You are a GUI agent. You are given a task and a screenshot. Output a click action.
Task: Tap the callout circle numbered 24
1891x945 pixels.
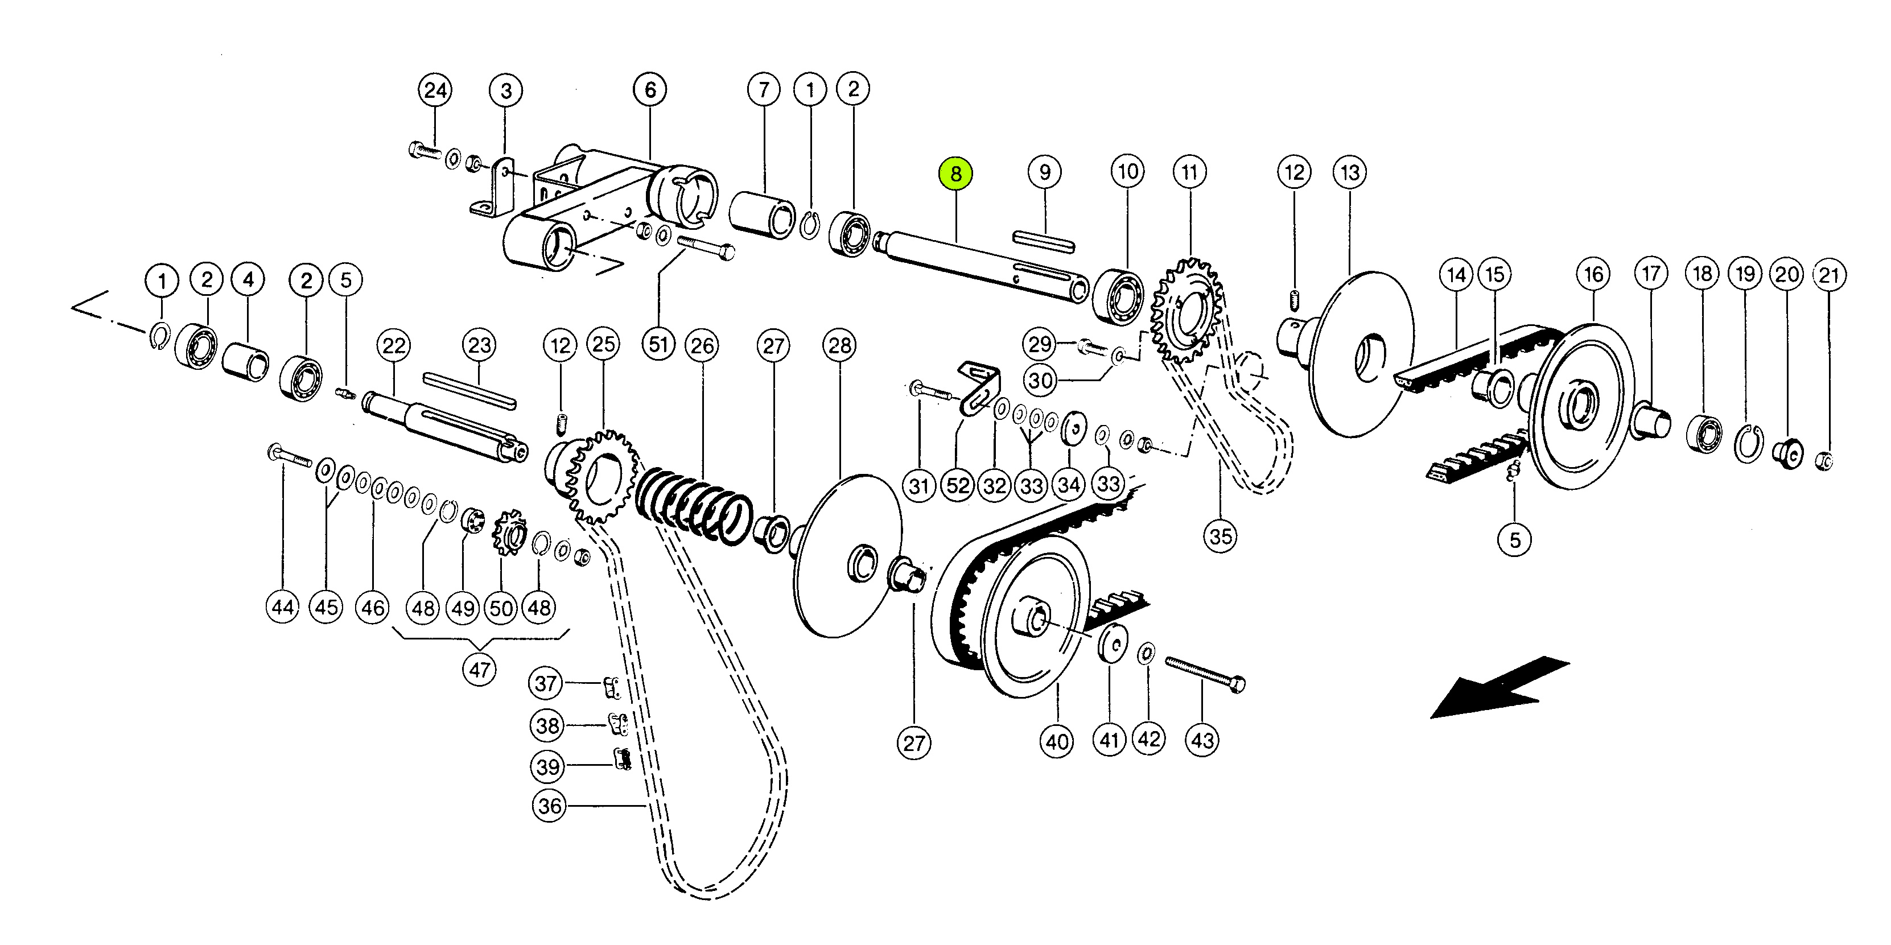435,90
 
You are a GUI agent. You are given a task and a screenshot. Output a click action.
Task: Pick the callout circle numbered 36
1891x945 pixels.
549,806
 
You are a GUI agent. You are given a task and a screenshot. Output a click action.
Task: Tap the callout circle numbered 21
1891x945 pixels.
1828,275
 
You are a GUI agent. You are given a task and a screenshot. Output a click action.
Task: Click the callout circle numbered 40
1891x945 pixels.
1057,742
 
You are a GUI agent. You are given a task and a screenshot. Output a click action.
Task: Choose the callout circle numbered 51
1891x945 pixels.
658,344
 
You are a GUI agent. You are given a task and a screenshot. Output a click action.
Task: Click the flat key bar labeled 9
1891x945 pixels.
1043,241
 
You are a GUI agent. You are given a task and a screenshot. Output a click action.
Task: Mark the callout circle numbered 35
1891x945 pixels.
1220,535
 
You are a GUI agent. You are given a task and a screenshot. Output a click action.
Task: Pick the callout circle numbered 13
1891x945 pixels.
1350,172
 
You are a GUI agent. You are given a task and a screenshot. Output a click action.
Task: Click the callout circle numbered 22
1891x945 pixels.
394,345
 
